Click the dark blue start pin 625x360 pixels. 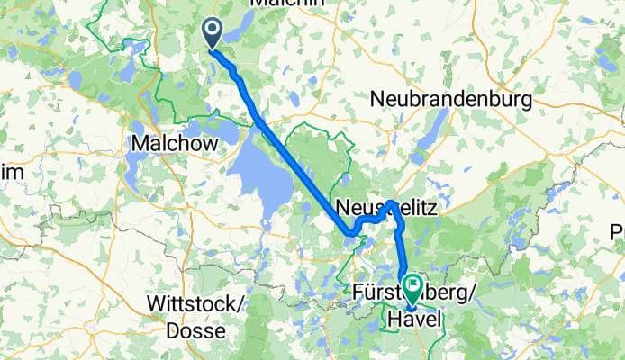213,33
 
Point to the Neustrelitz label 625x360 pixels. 385,208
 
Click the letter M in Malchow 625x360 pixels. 140,144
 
